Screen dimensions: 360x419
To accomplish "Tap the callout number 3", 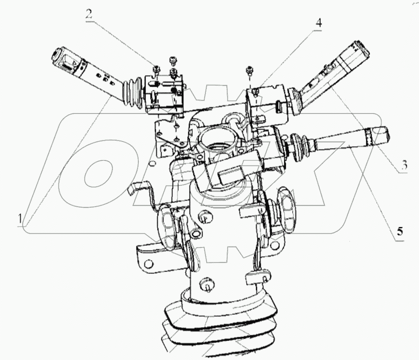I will [x=403, y=164].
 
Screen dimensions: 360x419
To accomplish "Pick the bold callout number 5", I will [x=399, y=232].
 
